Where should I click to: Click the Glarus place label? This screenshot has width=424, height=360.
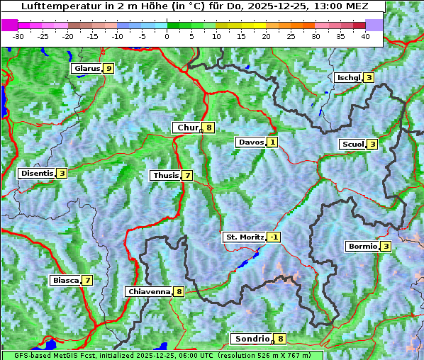coord(86,69)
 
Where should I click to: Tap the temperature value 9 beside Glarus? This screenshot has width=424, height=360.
coord(108,69)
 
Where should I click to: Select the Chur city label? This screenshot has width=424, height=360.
coord(187,128)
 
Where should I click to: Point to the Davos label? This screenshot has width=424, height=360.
coord(251,142)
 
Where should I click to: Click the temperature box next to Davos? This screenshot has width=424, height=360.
coord(272,142)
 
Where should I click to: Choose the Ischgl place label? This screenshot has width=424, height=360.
coord(349,77)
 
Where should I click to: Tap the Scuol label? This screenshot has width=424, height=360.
coord(352,144)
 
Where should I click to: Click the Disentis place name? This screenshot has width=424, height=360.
coord(37,173)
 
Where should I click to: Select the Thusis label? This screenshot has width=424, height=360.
coord(165,175)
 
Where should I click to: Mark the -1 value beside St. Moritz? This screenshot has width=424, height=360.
coord(274,237)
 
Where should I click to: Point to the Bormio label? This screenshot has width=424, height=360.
coord(362,247)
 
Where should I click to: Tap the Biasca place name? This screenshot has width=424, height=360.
coord(65,280)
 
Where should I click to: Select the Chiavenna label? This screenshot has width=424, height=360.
coord(148,291)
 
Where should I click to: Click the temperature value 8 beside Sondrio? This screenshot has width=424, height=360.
coord(281,339)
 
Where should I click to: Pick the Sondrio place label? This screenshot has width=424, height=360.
coord(252,339)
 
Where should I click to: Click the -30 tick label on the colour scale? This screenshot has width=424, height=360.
coord(18,35)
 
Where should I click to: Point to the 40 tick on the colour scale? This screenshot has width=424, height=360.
coord(365,35)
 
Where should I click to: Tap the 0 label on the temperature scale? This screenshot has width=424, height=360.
coord(167,35)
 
